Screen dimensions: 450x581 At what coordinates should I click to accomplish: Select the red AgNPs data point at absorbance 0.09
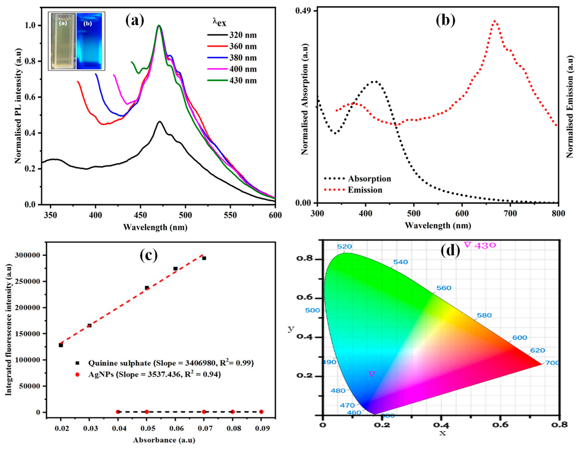pos(261,412)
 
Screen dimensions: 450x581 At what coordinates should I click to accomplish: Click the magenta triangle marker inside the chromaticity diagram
pos(372,374)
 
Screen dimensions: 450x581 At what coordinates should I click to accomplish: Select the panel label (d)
pos(450,251)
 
